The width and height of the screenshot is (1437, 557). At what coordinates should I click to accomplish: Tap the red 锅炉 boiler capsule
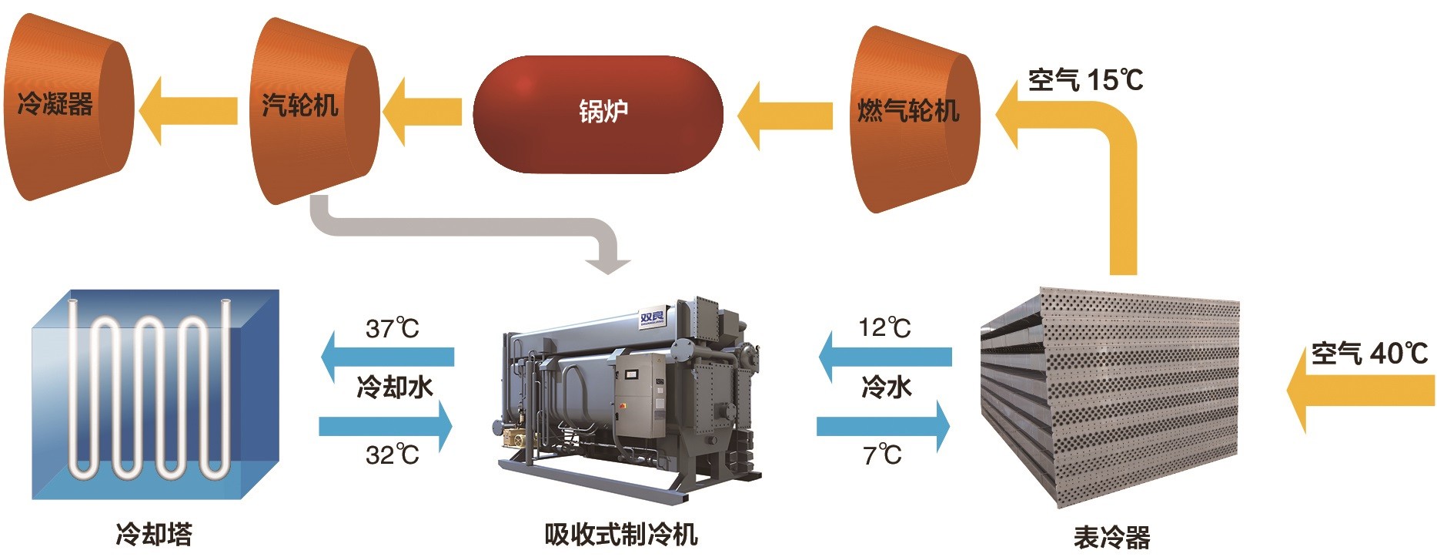coord(598,114)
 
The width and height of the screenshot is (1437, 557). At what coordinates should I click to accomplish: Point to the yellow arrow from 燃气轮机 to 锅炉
coord(785,116)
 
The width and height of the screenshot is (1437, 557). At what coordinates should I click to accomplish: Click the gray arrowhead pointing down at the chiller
coord(607,263)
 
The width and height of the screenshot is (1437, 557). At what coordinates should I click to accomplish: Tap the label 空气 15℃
coord(1085,79)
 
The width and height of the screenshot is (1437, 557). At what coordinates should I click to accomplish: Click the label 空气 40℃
coord(1369,354)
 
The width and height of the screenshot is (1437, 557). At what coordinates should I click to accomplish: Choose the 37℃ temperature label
coord(392,329)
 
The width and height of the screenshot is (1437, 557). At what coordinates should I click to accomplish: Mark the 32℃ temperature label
coord(392,455)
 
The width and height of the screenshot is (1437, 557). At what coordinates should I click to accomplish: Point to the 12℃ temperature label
coord(884,328)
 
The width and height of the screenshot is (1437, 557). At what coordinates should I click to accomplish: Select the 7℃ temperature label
coord(882,455)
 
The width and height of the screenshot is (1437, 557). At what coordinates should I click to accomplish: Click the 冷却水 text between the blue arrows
coord(395,387)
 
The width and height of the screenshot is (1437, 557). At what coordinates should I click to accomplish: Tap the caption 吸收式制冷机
coord(620,534)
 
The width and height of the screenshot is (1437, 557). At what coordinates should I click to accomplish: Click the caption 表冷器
coord(1111,537)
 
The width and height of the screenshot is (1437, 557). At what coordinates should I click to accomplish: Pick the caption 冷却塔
coord(154,534)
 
